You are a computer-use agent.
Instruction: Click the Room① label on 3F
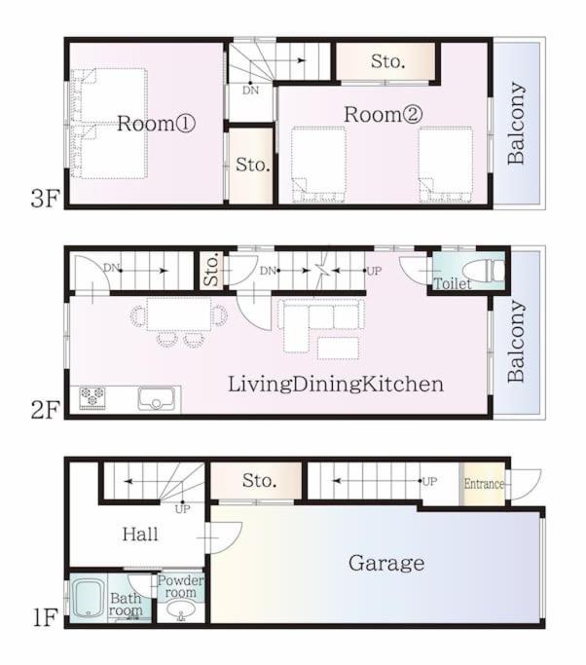(x=156, y=124)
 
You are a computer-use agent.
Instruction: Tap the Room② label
(x=383, y=114)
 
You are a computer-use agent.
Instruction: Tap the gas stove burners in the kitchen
(x=92, y=398)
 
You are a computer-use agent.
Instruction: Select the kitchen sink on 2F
(x=156, y=398)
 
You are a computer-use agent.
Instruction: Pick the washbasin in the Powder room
(x=181, y=610)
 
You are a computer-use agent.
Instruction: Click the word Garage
(x=386, y=564)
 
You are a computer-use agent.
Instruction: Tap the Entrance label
(x=484, y=484)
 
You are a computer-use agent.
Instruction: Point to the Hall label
(x=140, y=535)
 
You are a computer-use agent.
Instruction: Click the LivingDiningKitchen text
(x=336, y=385)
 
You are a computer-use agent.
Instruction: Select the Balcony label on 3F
(x=517, y=123)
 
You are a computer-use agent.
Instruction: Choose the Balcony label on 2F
(x=517, y=341)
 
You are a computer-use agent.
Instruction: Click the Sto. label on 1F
(x=260, y=481)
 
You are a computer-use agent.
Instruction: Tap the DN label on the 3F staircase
(x=250, y=91)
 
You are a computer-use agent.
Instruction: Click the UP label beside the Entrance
(x=429, y=482)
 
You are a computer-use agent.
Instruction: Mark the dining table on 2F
(x=179, y=314)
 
